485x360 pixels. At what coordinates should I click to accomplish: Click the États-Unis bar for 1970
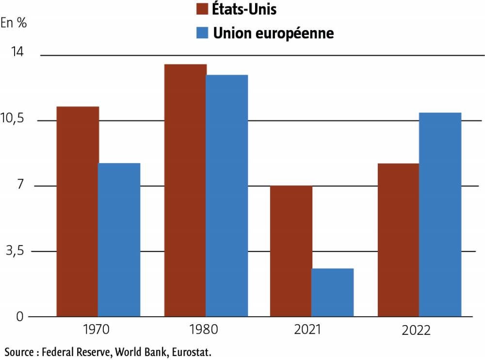coord(78,211)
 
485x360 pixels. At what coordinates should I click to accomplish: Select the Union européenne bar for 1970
coord(119,240)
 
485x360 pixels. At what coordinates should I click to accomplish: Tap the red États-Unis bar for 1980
coord(185,190)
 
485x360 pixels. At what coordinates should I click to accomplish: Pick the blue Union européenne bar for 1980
coord(227,196)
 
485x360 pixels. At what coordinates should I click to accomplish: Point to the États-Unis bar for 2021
coord(291,251)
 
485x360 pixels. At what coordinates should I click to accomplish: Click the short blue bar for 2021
coord(333,292)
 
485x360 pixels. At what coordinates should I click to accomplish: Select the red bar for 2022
coord(398,240)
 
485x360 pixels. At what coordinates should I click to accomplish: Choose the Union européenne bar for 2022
coord(440,214)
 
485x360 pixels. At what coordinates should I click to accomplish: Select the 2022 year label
coord(416,330)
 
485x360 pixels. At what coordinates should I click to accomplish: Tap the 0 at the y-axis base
coord(20,317)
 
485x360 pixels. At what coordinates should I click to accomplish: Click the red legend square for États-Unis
coord(201,9)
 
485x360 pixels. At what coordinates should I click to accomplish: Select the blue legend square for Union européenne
coord(201,33)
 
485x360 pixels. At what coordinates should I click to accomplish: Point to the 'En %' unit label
coord(14,23)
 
